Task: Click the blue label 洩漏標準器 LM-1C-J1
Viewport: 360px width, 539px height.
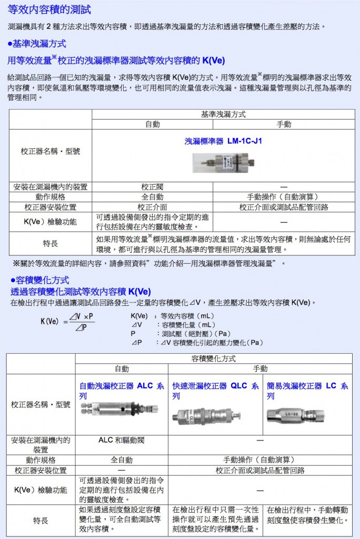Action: point(223,141)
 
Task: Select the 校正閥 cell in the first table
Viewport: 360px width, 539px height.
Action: point(153,187)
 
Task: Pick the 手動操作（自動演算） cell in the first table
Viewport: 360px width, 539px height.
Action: point(284,197)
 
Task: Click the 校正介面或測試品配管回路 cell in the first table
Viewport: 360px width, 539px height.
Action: point(284,207)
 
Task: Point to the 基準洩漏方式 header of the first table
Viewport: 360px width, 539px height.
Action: point(223,114)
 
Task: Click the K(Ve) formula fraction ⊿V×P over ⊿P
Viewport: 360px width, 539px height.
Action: point(81,322)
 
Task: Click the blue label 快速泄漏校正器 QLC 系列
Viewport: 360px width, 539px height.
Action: point(215,390)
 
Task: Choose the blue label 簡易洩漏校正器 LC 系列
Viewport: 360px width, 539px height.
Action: point(307,390)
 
